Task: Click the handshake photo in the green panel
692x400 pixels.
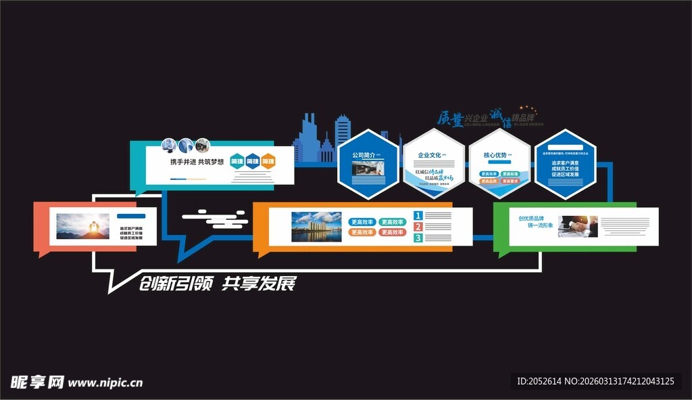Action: click(x=578, y=226)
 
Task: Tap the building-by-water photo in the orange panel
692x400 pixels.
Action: click(x=316, y=227)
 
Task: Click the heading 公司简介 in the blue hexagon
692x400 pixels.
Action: click(x=364, y=155)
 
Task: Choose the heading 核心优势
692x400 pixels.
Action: click(x=495, y=155)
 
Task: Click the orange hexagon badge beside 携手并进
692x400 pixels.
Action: click(x=268, y=162)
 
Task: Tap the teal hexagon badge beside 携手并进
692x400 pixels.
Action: click(x=237, y=162)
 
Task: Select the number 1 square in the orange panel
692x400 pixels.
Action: click(x=418, y=216)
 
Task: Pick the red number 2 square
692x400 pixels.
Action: click(x=418, y=227)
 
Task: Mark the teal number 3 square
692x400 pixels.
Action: click(x=418, y=238)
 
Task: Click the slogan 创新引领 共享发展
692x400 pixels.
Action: click(x=217, y=284)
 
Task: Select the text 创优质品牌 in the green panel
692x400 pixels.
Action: click(x=531, y=219)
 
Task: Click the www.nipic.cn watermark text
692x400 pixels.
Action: click(x=105, y=382)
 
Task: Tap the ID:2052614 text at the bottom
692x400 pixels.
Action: click(x=541, y=382)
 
